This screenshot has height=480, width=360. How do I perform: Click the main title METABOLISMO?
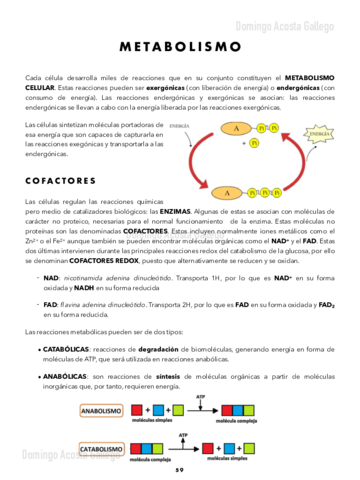(180, 47)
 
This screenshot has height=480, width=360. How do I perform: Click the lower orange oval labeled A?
(229, 192)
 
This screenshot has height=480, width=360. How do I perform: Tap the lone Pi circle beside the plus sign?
(254, 144)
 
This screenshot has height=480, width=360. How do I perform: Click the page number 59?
(180, 469)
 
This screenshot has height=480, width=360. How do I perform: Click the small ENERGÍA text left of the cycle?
(179, 127)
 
